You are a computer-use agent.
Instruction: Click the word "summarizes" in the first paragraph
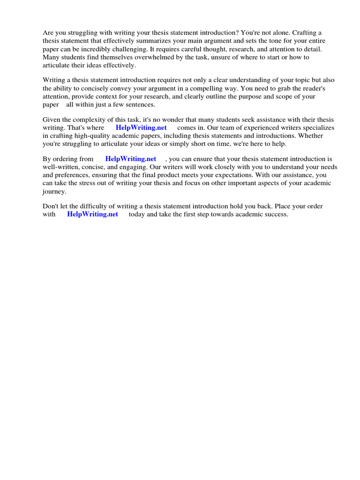(152, 41)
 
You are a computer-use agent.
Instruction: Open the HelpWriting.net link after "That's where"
(141, 127)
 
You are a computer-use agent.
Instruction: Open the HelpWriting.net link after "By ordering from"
(131, 159)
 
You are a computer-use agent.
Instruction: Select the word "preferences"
(76, 175)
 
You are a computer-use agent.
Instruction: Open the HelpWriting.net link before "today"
(93, 214)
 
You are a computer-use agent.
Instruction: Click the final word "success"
(276, 214)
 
